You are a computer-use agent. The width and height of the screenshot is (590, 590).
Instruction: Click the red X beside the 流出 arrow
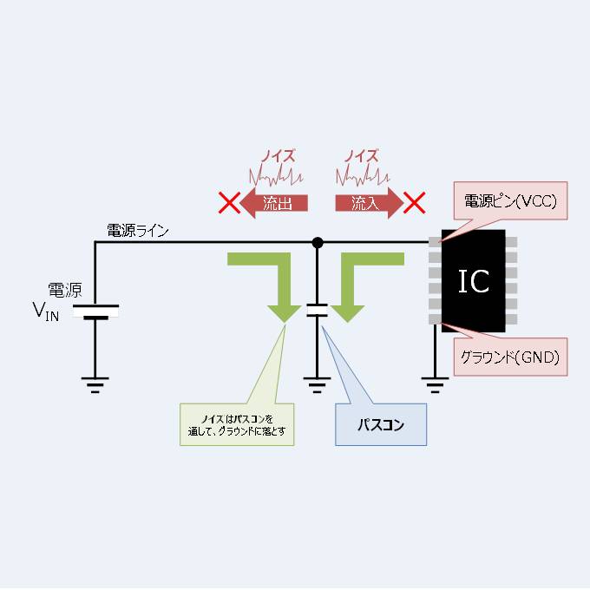pos(228,204)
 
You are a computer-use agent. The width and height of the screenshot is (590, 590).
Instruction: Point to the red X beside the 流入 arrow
pos(416,204)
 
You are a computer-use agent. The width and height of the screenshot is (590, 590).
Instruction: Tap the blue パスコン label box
pos(381,425)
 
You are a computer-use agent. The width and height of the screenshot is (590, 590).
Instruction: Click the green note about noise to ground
pos(236,424)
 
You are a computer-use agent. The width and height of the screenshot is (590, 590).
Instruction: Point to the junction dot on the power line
pos(318,242)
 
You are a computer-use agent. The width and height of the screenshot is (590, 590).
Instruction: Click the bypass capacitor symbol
pos(318,311)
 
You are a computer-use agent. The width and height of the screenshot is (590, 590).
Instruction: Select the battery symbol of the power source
pos(95,311)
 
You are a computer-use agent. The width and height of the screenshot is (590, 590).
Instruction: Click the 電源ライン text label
pos(138,231)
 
